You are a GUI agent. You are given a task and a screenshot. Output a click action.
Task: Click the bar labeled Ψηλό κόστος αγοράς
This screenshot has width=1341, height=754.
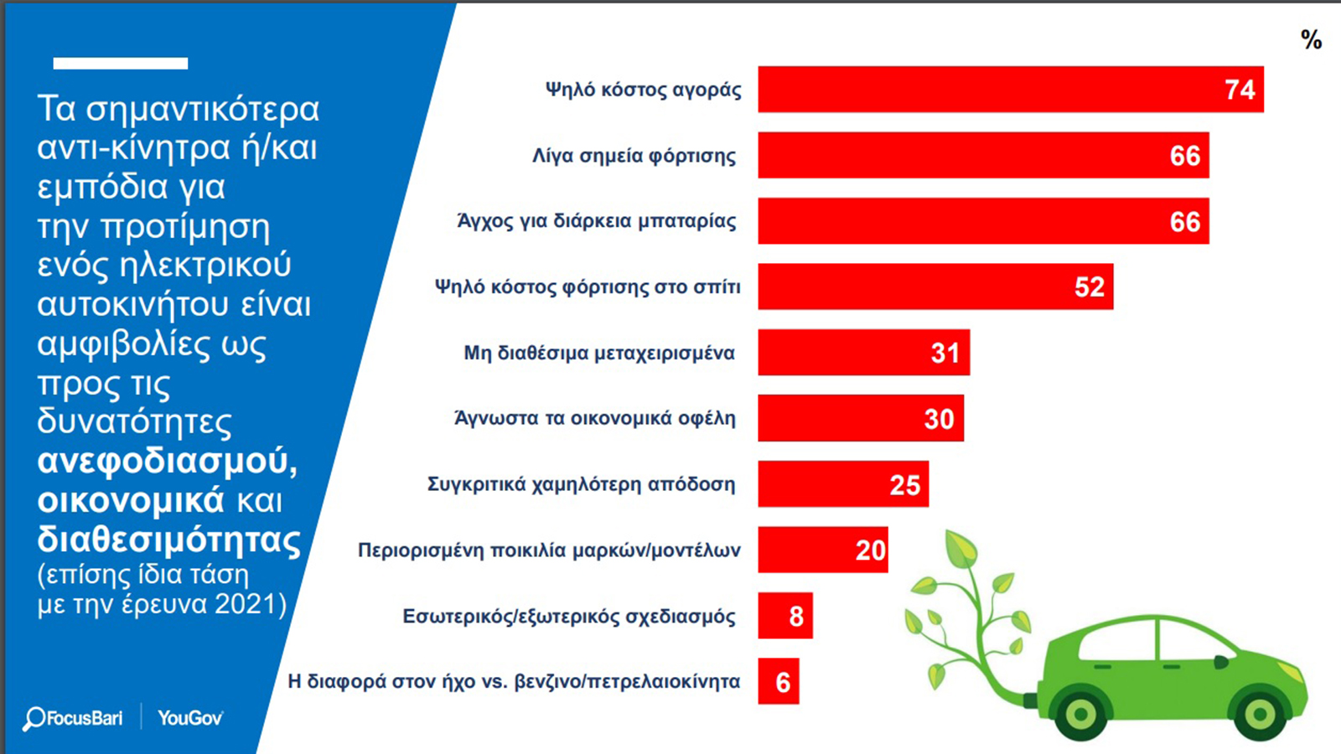pyautogui.click(x=1010, y=90)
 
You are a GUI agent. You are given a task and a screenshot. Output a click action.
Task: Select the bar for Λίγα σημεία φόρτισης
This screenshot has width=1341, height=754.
pyautogui.click(x=983, y=155)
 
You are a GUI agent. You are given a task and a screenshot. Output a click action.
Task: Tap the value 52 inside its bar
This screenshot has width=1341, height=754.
pyautogui.click(x=1090, y=287)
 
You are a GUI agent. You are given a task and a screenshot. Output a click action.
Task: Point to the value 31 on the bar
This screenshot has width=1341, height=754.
pyautogui.click(x=945, y=353)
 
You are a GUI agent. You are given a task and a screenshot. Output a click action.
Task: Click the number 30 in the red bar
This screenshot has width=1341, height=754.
pyautogui.click(x=939, y=419)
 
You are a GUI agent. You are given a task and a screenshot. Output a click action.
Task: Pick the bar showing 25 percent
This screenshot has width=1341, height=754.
pyautogui.click(x=843, y=484)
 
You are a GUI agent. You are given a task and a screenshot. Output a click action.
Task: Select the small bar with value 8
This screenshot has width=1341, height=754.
pyautogui.click(x=785, y=616)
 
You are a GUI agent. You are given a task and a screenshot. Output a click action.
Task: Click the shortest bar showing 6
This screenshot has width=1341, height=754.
pyautogui.click(x=779, y=682)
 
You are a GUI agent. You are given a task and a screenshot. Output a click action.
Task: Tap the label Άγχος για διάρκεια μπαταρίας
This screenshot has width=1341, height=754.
pyautogui.click(x=597, y=221)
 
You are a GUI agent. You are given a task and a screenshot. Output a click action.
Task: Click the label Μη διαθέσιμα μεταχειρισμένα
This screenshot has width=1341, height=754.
pyautogui.click(x=599, y=353)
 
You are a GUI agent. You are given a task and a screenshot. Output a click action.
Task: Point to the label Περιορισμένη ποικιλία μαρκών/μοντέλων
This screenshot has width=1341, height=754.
pyautogui.click(x=549, y=550)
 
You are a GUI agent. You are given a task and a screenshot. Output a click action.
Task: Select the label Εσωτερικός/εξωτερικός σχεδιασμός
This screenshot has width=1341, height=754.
pyautogui.click(x=569, y=617)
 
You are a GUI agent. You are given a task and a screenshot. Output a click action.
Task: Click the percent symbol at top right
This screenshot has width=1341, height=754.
pyautogui.click(x=1311, y=39)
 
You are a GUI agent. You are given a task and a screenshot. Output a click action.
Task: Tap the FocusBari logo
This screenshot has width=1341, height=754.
pyautogui.click(x=73, y=718)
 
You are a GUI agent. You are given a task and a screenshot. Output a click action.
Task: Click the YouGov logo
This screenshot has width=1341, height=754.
pyautogui.click(x=190, y=718)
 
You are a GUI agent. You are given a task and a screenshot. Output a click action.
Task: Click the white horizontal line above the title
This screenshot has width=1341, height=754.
pyautogui.click(x=121, y=64)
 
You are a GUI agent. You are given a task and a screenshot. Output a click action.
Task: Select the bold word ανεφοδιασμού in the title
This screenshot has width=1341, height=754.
pyautogui.click(x=167, y=461)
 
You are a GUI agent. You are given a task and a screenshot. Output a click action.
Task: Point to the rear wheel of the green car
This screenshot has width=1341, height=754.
pyautogui.click(x=1080, y=714)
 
